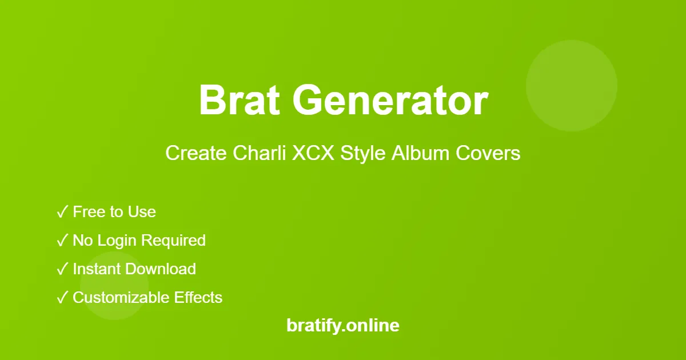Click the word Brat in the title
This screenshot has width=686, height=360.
click(x=240, y=101)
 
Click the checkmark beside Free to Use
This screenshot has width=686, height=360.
click(x=62, y=213)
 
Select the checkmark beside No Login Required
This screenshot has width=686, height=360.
click(x=62, y=241)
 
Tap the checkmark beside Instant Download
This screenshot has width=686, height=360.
click(x=62, y=270)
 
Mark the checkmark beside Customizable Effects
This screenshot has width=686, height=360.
click(x=62, y=298)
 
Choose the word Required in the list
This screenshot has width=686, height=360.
click(x=173, y=241)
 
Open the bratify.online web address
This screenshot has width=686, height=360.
click(x=343, y=326)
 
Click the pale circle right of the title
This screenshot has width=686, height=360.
click(x=572, y=86)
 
